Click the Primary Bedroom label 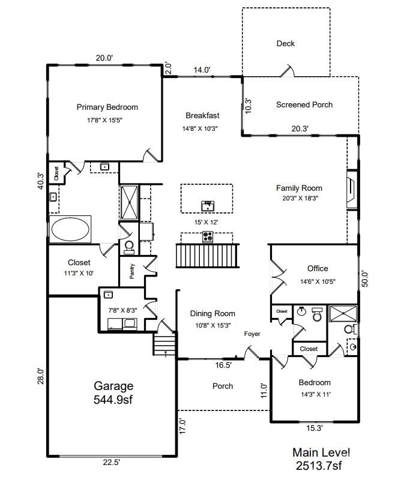107,107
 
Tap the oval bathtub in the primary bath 70,229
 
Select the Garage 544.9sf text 113,392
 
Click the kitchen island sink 208,206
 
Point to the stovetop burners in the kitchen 208,236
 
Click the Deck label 286,43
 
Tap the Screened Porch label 304,105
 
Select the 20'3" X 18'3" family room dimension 300,199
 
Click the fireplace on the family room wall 352,189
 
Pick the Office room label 318,269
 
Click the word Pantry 132,271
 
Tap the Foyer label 252,334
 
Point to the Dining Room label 213,313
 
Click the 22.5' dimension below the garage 112,463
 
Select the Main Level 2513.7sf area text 321,459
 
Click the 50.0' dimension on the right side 365,278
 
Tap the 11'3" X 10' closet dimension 79,273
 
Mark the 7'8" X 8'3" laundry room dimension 122,310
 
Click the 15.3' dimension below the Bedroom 315,428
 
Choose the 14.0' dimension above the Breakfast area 202,70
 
